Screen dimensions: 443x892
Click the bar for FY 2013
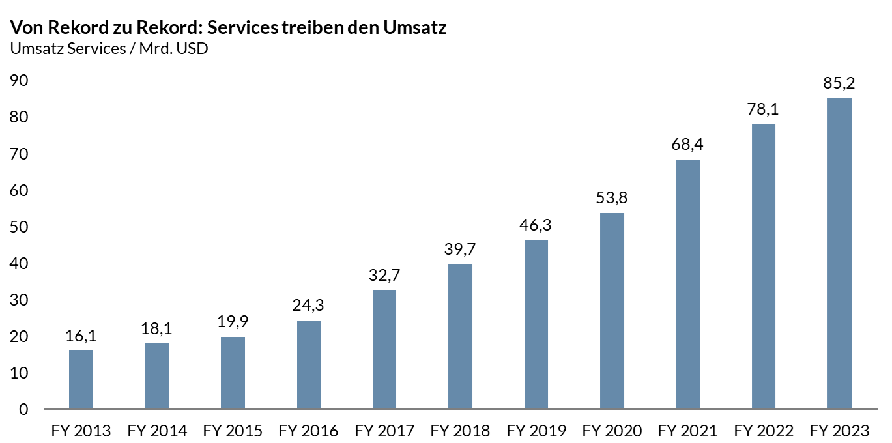(x=81, y=380)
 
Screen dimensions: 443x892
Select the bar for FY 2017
(x=384, y=349)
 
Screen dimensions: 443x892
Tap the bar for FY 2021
(x=687, y=284)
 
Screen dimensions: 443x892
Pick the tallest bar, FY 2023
(x=839, y=253)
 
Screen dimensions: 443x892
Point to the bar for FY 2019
(x=536, y=324)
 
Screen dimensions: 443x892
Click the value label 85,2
(x=839, y=83)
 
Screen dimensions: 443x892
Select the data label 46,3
(x=536, y=225)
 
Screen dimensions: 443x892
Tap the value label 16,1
(x=81, y=336)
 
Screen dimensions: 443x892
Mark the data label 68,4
(x=687, y=145)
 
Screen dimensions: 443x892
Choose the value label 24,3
(x=308, y=306)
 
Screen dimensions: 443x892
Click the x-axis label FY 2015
(x=233, y=431)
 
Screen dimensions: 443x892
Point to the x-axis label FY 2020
(x=612, y=431)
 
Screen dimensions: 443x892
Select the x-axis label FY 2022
(x=764, y=431)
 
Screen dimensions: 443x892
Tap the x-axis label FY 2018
(x=460, y=431)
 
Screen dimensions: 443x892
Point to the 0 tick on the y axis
(x=23, y=410)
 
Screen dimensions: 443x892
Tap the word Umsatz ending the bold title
(x=414, y=28)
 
